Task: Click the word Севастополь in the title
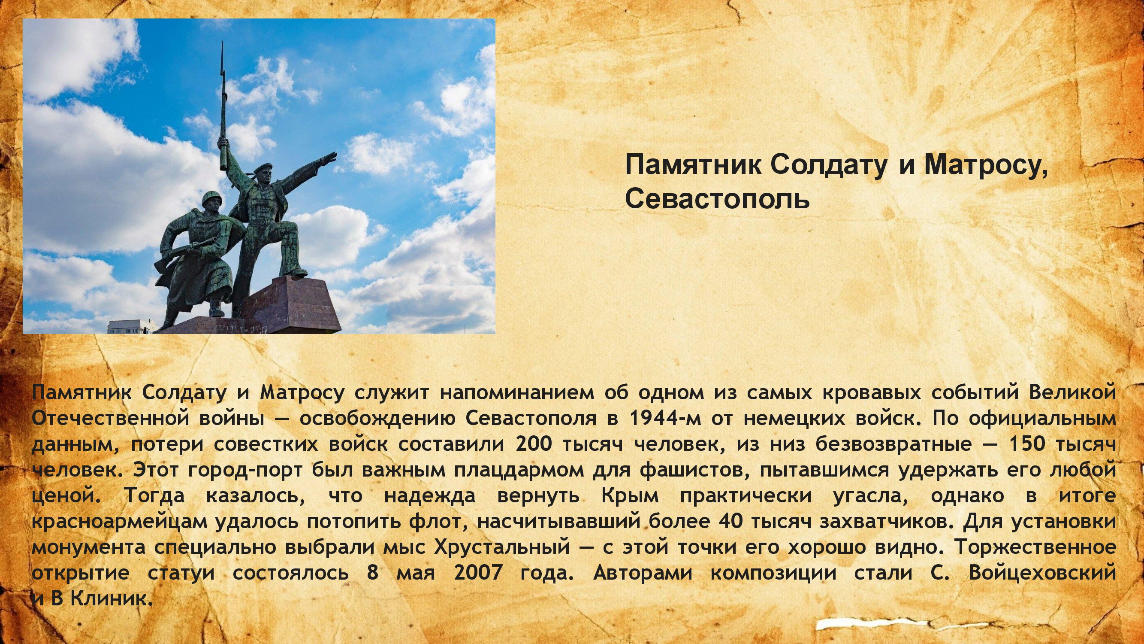tap(717, 200)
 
